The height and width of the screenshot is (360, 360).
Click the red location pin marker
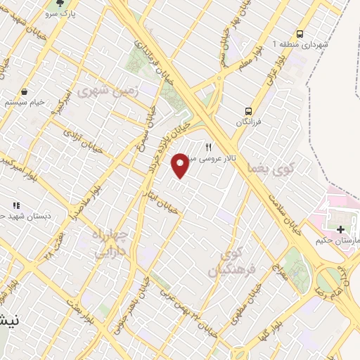[x=181, y=165]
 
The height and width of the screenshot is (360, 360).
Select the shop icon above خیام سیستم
[x=25, y=91]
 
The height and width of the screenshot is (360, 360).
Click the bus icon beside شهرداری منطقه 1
[x=300, y=34]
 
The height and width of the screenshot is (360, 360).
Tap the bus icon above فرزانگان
[x=247, y=110]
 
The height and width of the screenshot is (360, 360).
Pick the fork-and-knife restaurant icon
[x=208, y=148]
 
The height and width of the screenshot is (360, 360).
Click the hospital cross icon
[x=341, y=230]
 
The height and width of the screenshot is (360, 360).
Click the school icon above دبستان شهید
[x=16, y=205]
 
